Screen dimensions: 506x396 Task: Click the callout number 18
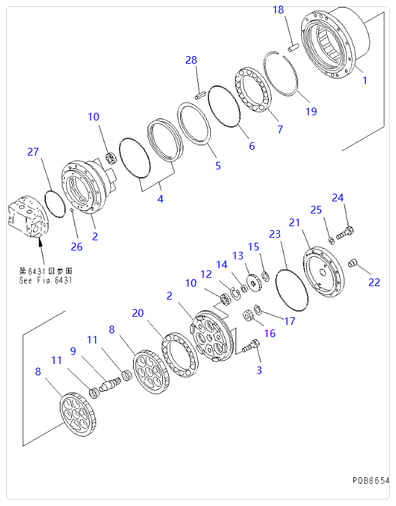[278, 10]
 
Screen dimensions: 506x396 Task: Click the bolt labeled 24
[344, 233]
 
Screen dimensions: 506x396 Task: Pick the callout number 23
[274, 234]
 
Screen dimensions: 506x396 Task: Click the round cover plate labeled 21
[325, 274]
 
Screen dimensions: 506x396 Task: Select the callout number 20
[138, 313]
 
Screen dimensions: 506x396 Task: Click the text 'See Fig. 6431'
[45, 280]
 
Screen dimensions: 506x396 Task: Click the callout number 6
[251, 146]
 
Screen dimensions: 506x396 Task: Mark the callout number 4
[160, 199]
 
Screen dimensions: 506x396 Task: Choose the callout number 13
[237, 256]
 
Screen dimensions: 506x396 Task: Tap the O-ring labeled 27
[55, 203]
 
